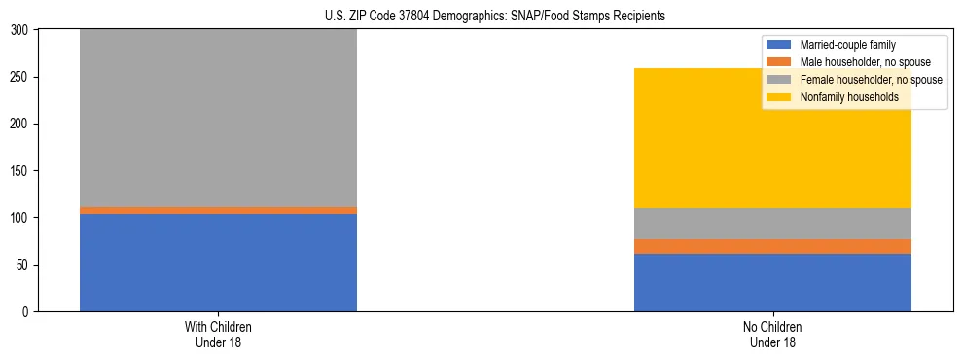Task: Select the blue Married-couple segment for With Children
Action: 218,263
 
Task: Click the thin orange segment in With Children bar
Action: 218,210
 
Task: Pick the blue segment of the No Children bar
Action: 772,282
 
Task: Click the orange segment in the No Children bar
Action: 772,246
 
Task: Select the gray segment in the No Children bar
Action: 772,224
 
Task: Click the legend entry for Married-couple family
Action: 847,45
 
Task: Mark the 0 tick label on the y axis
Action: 27,312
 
